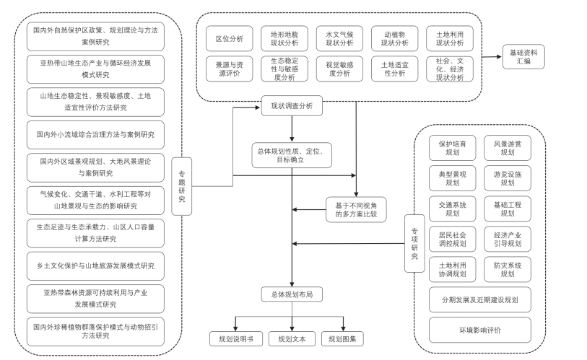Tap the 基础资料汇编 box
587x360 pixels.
(523, 56)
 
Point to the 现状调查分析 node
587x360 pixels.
(292, 105)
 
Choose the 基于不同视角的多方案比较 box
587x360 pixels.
(355, 209)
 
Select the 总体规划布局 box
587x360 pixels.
(292, 294)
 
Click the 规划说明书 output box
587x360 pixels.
(236, 338)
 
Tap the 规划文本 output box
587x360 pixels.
(292, 338)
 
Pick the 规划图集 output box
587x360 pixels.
(342, 338)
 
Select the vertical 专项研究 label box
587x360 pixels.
(414, 242)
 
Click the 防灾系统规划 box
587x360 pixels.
(508, 269)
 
